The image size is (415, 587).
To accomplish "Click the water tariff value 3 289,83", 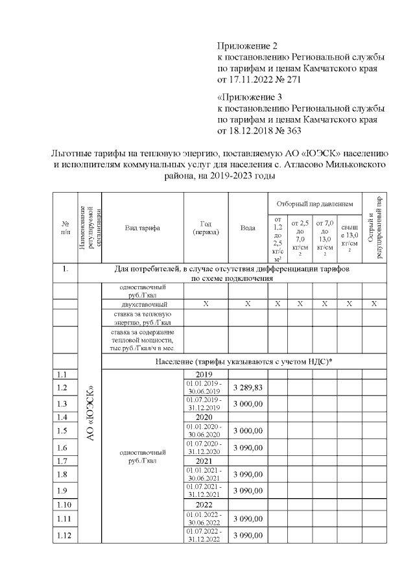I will pos(248,387).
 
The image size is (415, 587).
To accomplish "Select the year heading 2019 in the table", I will pos(204,374).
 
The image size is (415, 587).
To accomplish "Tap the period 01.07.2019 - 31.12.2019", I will pos(204,403).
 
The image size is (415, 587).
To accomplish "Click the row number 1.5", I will pos(63,431).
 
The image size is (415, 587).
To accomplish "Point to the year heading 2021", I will pos(204,461).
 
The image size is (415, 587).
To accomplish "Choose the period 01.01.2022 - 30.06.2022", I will pos(204,518).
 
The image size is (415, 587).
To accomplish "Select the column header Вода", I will pos(248,228).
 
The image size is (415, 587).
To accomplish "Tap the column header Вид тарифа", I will pos(143,228).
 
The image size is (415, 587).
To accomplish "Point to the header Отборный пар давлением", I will pos(314,204).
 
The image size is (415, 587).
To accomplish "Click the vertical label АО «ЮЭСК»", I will pos(91,415).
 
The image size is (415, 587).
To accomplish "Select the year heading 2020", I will pos(204,418).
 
